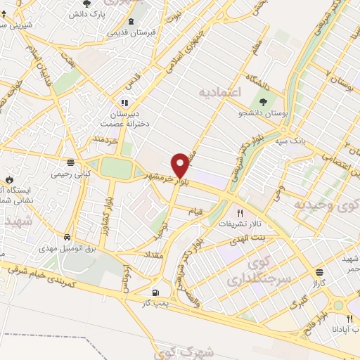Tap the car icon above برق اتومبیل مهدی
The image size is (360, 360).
66,238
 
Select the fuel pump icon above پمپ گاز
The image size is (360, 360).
155,292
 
